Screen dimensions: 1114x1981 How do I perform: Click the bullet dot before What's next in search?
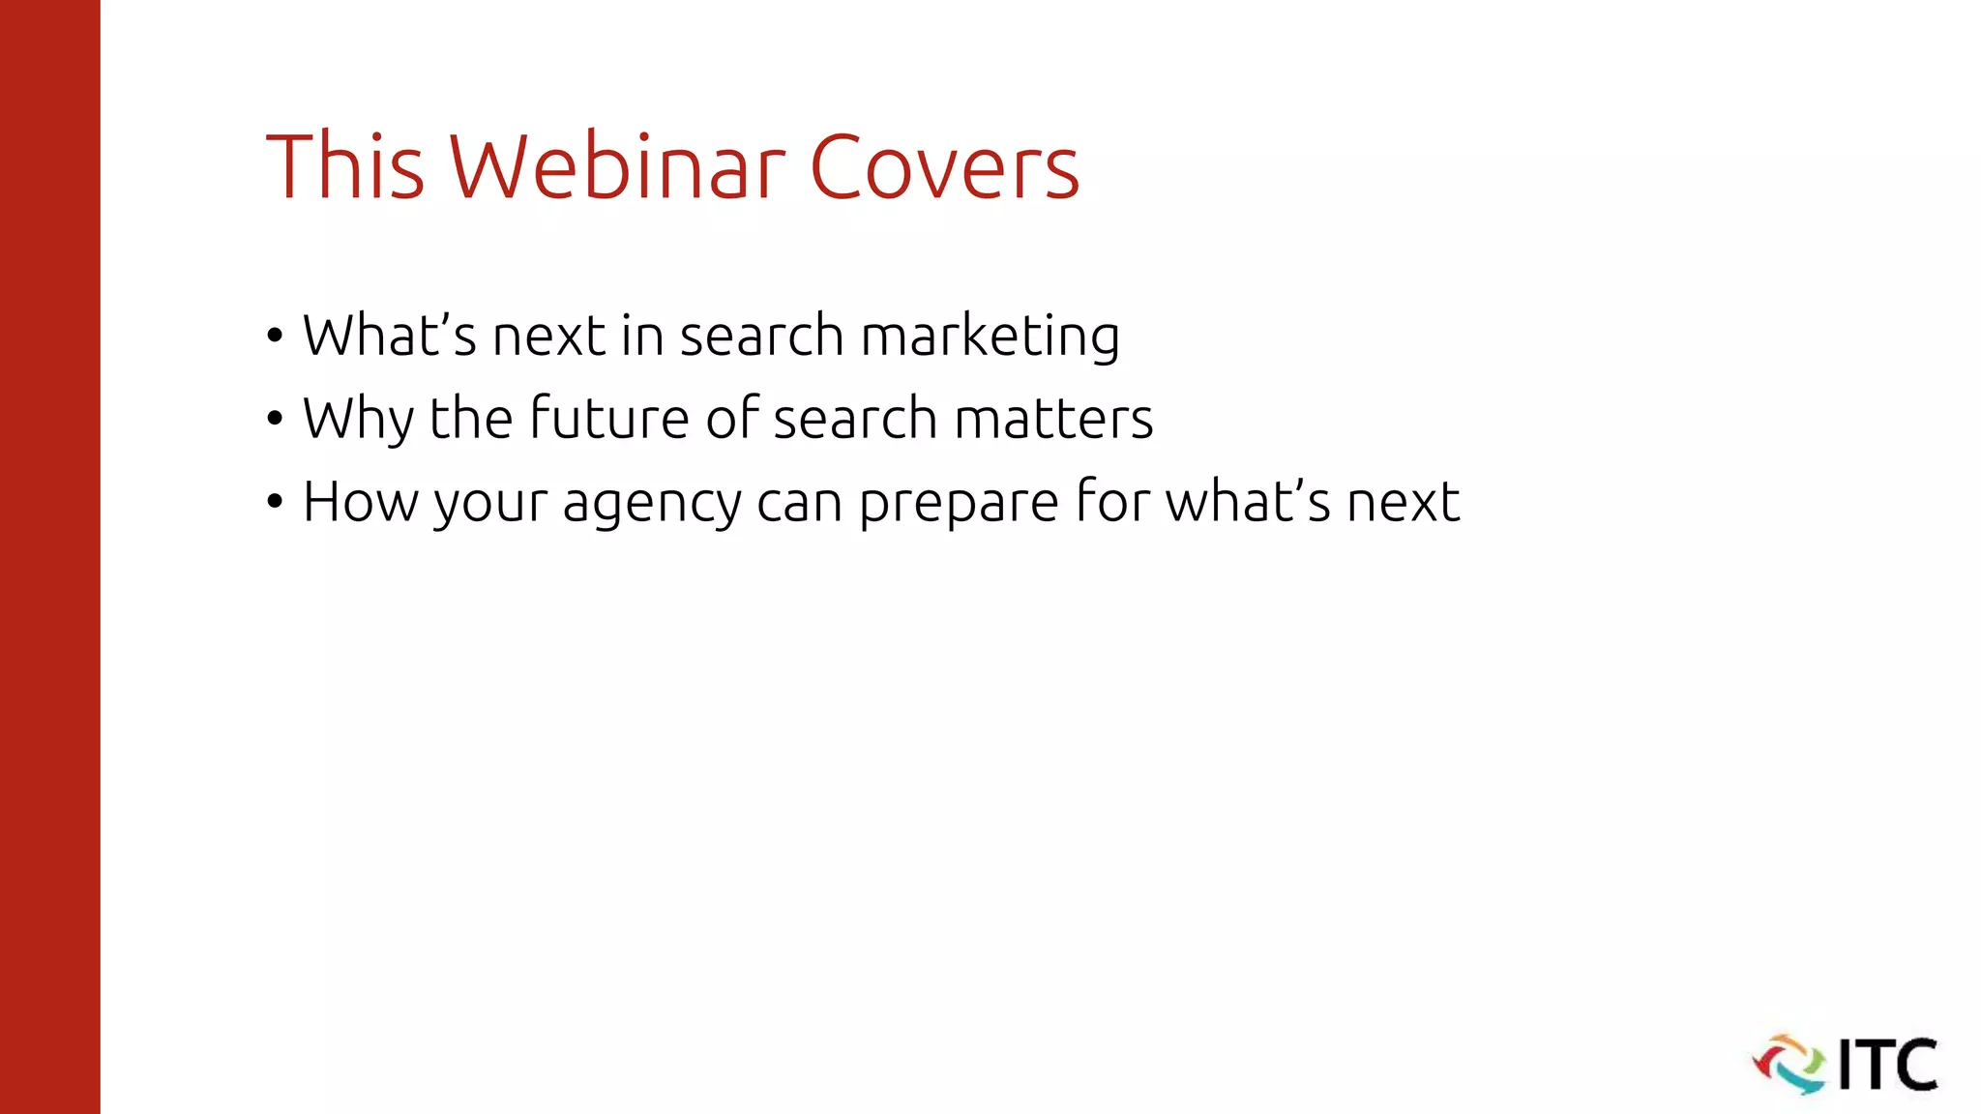tap(276, 337)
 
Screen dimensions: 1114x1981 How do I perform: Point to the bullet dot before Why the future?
tap(276, 420)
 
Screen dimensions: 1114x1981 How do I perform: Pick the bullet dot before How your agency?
tap(276, 503)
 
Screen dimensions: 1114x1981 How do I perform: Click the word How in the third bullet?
tap(360, 503)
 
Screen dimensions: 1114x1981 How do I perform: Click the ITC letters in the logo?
tap(1887, 1065)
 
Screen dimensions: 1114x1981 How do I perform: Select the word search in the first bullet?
tap(761, 337)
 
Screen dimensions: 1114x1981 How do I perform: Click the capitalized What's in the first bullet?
tap(390, 337)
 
